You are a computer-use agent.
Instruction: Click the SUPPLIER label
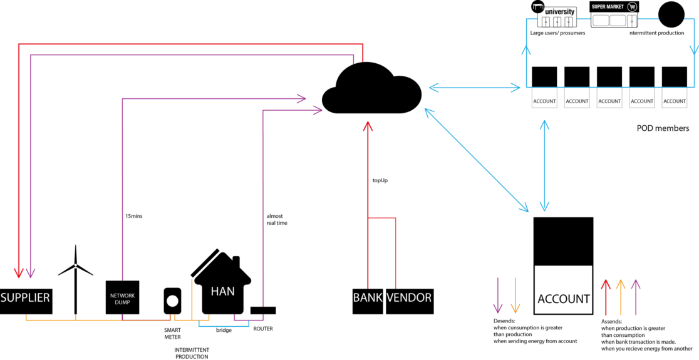coord(25,297)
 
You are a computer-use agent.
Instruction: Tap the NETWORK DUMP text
coord(122,299)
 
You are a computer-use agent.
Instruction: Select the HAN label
coord(223,291)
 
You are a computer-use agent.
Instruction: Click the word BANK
coord(368,297)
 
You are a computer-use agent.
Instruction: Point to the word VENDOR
coord(409,297)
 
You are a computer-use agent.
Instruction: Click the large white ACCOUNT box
coord(563,290)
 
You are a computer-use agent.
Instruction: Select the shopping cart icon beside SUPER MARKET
coord(632,7)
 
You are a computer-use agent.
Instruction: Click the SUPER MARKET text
coord(608,7)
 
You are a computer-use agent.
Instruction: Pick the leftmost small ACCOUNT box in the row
coord(544,98)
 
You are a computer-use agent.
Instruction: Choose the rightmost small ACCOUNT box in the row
coord(675,98)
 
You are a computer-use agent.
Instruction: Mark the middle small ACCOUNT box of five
coord(609,98)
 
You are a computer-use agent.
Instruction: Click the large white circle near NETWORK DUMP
coord(172,301)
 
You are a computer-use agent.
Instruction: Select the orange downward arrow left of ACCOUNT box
coord(515,296)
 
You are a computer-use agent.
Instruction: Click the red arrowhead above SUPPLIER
coord(19,272)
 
